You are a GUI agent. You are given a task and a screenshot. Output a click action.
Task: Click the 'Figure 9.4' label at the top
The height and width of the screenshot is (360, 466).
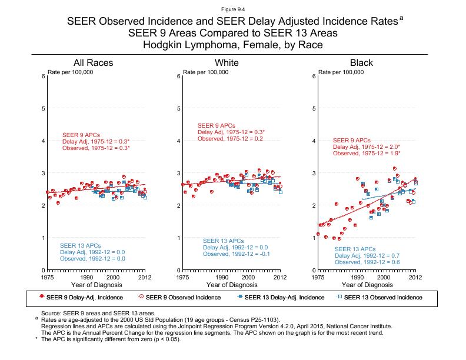[233, 9]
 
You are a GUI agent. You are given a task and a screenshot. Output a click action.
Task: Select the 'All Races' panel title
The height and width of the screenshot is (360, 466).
[93, 63]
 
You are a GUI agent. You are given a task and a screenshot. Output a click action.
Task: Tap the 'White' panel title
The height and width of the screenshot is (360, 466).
[227, 63]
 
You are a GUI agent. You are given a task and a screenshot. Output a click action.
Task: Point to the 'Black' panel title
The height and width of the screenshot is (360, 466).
[361, 63]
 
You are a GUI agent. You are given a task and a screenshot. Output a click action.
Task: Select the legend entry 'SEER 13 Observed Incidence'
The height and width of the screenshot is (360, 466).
[383, 297]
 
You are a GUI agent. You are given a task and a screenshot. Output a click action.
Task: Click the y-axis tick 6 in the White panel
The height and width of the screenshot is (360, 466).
[179, 76]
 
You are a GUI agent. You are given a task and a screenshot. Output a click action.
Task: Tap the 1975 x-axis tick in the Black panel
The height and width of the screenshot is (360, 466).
[318, 277]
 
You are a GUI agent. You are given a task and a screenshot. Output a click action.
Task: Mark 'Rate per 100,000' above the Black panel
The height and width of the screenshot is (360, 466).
[341, 72]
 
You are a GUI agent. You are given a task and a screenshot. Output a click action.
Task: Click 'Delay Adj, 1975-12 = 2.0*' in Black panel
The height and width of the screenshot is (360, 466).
[367, 147]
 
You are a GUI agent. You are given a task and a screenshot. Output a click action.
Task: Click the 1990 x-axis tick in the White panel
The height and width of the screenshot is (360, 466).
[222, 277]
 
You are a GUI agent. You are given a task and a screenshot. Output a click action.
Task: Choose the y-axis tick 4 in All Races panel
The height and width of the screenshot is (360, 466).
[44, 141]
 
